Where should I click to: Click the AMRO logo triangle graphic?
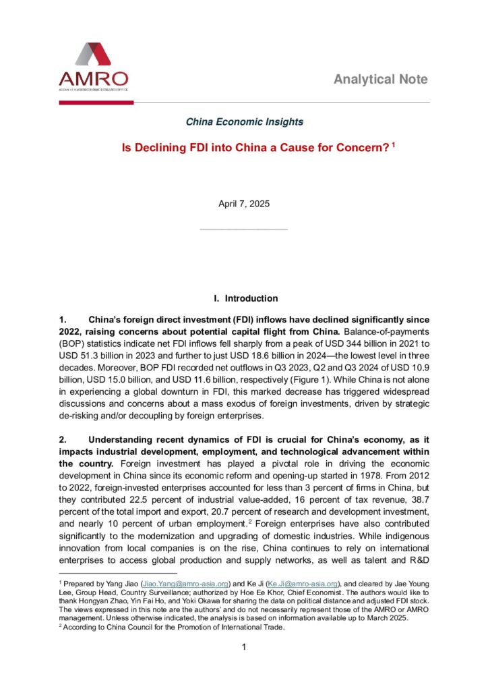[93, 55]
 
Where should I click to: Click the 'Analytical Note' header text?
[380, 80]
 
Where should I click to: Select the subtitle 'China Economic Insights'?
[244, 122]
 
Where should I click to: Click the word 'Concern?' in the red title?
[361, 147]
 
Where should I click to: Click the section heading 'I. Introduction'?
[245, 298]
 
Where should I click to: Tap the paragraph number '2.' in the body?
[63, 439]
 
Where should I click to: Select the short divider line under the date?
[244, 229]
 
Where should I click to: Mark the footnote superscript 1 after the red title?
[394, 144]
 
